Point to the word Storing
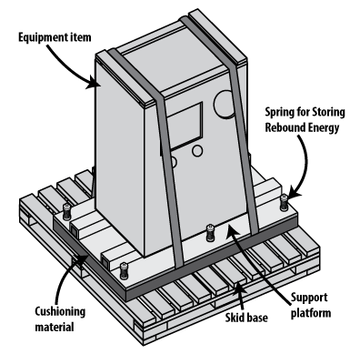point(328,113)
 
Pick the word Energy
point(324,128)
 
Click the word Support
point(309,298)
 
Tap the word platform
point(311,313)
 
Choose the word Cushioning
point(60,312)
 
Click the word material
point(55,327)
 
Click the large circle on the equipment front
point(225,104)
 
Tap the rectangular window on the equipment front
point(185,126)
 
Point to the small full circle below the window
point(197,151)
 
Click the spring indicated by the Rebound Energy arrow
point(284,203)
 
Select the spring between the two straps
point(210,233)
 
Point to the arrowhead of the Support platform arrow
point(232,229)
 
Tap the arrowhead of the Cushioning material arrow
point(81,260)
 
